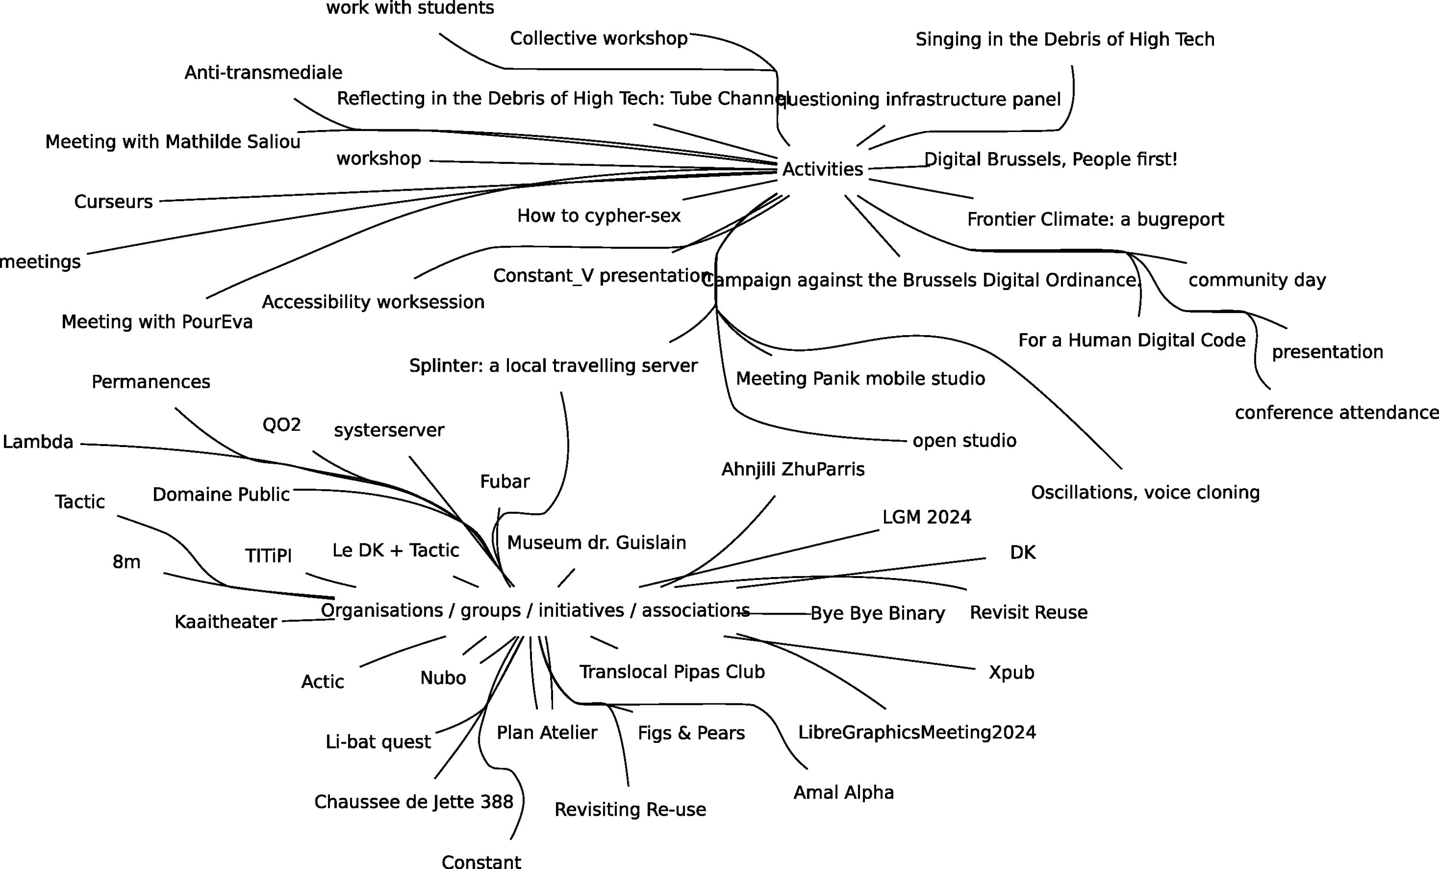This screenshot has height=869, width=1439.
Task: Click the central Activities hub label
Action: coord(822,169)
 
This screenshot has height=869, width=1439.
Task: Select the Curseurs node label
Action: coord(113,202)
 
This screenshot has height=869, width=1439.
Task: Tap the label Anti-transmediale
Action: coord(263,72)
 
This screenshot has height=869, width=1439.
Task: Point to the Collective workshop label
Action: coord(599,38)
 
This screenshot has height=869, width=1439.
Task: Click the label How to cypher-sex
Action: coord(599,216)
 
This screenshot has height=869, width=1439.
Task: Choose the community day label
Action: coord(1257,280)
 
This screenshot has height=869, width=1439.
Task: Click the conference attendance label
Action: coord(1336,412)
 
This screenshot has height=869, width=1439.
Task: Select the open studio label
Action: coord(964,440)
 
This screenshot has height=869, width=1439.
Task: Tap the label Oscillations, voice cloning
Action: coord(1144,492)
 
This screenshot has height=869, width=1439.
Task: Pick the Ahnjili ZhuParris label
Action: coord(792,469)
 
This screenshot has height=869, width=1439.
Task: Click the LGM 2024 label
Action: coord(926,517)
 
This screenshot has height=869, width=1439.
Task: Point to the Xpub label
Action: coord(1011,672)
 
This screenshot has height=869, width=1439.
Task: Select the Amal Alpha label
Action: coord(843,793)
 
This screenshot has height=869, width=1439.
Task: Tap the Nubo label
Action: coord(443,678)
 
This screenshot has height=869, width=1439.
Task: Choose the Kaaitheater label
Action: coord(225,622)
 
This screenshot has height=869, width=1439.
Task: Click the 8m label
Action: coord(126,562)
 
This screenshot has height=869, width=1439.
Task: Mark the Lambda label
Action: coord(38,442)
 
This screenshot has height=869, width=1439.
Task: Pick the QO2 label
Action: coord(282,425)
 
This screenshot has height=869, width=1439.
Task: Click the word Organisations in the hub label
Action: coord(381,610)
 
